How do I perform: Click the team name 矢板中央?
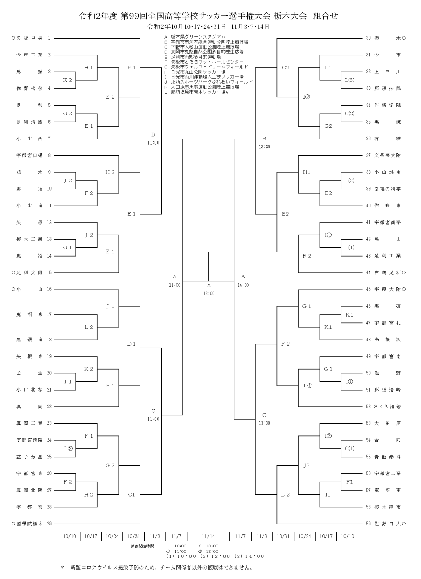click(29, 38)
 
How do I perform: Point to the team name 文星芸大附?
click(387, 155)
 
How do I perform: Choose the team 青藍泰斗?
click(387, 457)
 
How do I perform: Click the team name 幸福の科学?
click(387, 189)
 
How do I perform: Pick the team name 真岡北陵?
click(29, 490)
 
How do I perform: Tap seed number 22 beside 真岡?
click(49, 407)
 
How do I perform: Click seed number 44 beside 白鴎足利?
click(368, 273)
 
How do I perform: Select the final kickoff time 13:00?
click(209, 293)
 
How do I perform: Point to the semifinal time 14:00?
click(243, 285)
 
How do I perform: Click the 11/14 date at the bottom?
click(208, 536)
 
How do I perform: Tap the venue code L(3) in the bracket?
click(350, 80)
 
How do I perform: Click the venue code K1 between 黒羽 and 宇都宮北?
click(349, 314)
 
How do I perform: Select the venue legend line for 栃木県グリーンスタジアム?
click(195, 37)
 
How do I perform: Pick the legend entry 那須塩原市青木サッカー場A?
click(196, 92)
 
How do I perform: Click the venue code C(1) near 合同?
click(350, 448)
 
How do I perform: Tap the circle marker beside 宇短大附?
click(404, 289)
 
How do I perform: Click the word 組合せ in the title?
click(325, 16)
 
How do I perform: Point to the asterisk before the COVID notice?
click(62, 567)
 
